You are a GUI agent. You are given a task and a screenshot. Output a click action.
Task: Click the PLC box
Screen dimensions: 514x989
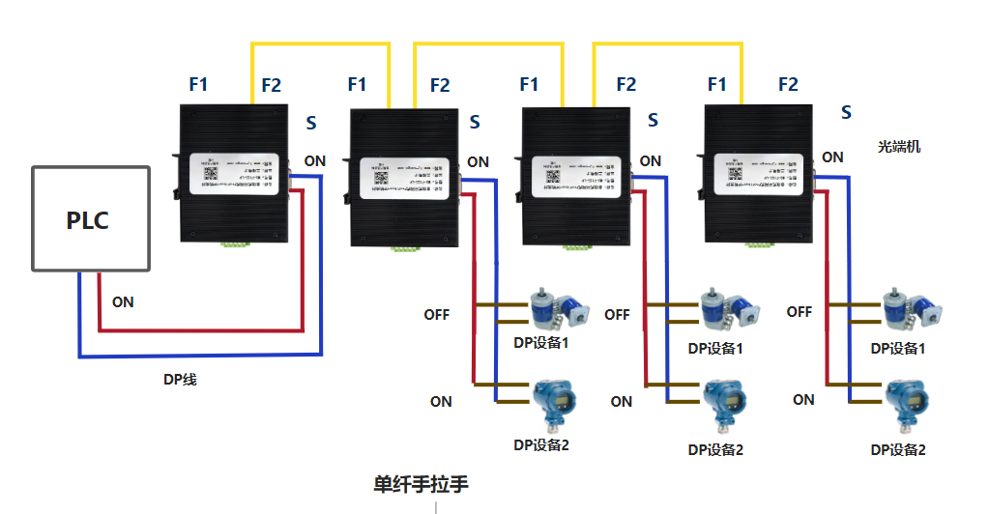coord(91,219)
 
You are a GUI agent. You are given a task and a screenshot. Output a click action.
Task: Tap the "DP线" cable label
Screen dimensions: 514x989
coord(180,380)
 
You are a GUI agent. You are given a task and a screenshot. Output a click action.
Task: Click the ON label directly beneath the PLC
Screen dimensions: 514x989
coord(123,301)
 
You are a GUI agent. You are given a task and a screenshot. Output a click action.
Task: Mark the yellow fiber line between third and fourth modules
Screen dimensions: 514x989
coord(667,43)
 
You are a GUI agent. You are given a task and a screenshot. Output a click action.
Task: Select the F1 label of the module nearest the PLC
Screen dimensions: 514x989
coord(198,85)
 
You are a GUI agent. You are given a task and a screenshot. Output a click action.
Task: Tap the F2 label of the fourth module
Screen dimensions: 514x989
coord(788,85)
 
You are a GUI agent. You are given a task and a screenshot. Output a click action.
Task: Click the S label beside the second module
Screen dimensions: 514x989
coord(475,122)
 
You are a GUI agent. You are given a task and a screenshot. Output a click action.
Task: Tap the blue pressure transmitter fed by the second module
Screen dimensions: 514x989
coord(553,402)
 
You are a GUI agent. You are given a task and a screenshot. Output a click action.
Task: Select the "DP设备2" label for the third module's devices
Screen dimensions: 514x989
coord(715,449)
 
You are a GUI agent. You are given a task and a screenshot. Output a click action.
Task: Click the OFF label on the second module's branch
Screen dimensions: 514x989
coord(437,314)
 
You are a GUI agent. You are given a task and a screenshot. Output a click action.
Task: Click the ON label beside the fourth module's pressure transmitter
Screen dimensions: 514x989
coord(803,399)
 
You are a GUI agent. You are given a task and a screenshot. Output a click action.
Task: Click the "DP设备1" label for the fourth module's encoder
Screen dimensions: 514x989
coord(898,348)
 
